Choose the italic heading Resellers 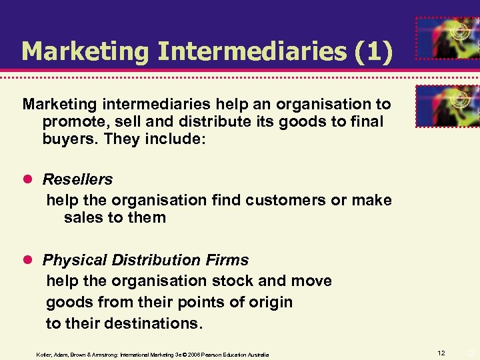coord(77,179)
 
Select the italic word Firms coord(226,259)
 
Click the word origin coord(268,302)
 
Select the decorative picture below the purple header coord(447,106)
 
